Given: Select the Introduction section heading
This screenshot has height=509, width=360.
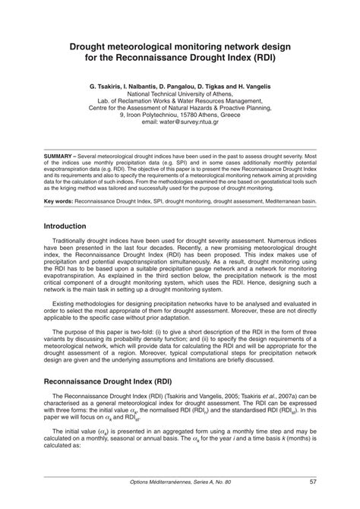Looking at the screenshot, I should [70, 226].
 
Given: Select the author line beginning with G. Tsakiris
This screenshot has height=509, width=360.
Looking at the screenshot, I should [179, 87].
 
